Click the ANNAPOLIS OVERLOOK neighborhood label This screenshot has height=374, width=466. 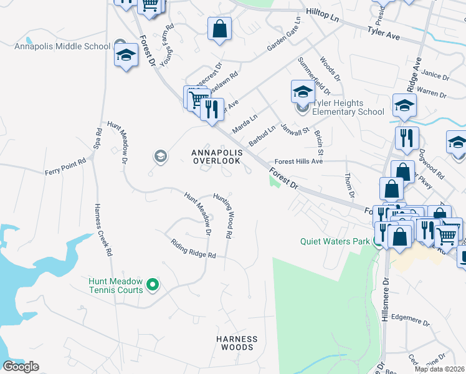216,156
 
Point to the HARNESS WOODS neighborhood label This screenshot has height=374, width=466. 237,343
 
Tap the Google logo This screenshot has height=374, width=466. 21,367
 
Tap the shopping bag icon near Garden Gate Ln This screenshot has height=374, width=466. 219,29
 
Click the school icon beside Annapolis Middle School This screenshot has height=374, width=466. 126,55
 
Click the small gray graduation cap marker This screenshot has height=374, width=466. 160,156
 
